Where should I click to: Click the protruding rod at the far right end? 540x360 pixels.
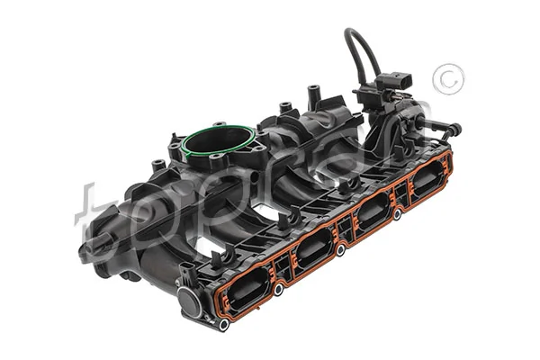(x=447, y=128)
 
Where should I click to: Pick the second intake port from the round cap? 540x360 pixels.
(x=312, y=244)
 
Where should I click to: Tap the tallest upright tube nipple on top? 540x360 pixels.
(x=313, y=93)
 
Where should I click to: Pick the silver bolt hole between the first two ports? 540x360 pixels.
(x=279, y=289)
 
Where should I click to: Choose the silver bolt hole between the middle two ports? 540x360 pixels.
(x=341, y=253)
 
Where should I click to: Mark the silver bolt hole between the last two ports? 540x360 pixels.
(x=396, y=216)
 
